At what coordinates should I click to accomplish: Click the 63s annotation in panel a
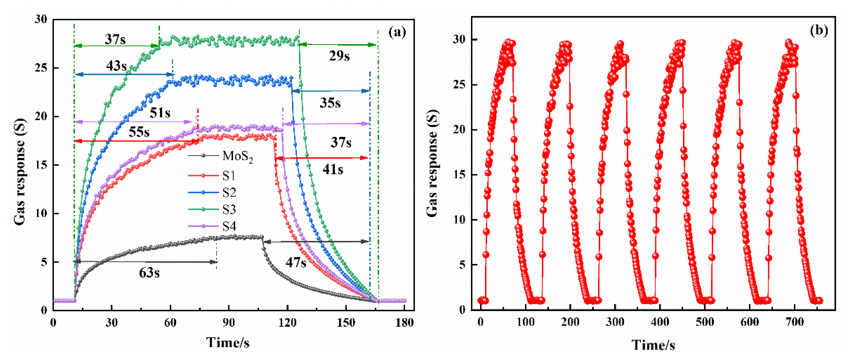coord(149,273)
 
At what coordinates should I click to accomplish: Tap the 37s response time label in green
coord(115,39)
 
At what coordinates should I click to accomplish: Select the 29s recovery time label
coord(339,56)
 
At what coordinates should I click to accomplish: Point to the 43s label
coord(116,66)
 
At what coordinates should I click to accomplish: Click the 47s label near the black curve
coord(296,263)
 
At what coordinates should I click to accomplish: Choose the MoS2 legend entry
coord(238,156)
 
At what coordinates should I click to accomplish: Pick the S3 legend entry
coord(229,209)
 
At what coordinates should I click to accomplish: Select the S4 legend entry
coord(229,226)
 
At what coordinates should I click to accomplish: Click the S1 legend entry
coord(229,176)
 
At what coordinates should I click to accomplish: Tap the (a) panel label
coord(397,32)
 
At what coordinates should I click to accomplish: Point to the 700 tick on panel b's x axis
coord(794,322)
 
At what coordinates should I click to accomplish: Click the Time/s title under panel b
coord(653,345)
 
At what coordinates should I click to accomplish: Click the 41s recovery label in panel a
coord(333,170)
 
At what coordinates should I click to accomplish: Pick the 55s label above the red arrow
coord(139,132)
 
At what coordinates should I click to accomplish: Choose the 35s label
coord(330,103)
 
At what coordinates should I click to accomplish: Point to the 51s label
coord(160,113)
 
